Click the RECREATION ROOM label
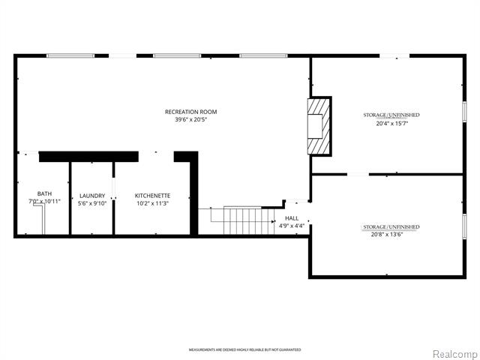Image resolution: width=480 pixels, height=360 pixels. pos(191,112)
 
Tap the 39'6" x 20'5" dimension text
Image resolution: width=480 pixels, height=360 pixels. pos(191,119)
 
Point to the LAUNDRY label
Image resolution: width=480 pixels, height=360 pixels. pos(92,196)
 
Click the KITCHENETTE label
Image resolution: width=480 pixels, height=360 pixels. pos(152,196)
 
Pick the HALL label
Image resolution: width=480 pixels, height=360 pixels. pos(292,218)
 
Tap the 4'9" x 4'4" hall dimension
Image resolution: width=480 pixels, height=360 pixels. pos(292,226)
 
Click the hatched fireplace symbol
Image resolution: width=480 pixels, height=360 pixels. pos(319,125)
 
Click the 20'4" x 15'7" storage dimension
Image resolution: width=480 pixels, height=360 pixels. pos(391,124)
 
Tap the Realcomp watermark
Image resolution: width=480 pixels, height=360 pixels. pos(454,353)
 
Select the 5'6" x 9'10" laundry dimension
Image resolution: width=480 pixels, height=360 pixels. pos(92,203)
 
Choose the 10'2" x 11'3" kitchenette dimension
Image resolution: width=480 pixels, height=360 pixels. pos(152,203)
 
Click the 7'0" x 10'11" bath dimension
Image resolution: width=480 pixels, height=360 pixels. pos(43,202)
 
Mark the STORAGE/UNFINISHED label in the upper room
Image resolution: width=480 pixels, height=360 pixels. pos(391,115)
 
